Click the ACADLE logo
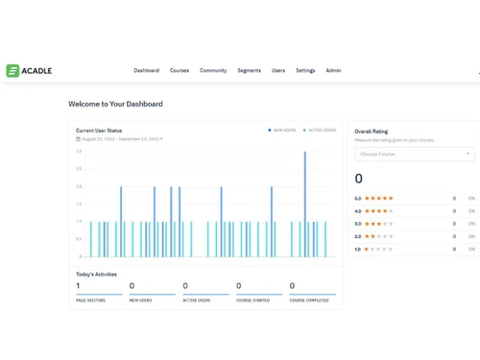point(29,70)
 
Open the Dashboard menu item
point(146,70)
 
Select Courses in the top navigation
point(180,70)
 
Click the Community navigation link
point(213,70)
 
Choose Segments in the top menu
point(249,70)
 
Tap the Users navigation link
point(278,70)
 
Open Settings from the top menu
point(305,70)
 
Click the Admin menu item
point(333,70)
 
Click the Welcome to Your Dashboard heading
point(115,104)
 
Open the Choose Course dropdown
point(415,154)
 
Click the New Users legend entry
point(284,130)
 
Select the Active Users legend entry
point(321,130)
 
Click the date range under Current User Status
point(120,139)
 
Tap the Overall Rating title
point(372,131)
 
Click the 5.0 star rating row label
point(358,199)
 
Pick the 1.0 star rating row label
point(358,249)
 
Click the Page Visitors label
point(90,300)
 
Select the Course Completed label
point(309,300)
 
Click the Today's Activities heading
point(96,275)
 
